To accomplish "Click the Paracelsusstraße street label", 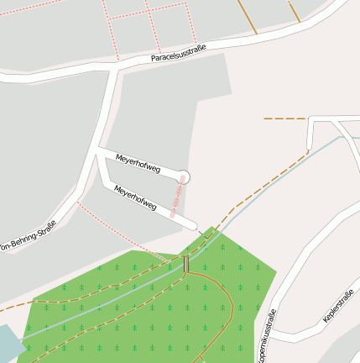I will pyautogui.click(x=178, y=56).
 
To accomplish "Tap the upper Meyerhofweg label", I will pyautogui.click(x=138, y=163).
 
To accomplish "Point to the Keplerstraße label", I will pyautogui.click(x=338, y=307).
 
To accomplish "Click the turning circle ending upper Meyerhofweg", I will pyautogui.click(x=185, y=176).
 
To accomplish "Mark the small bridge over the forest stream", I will pyautogui.click(x=186, y=264).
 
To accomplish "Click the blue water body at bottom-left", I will pyautogui.click(x=8, y=343).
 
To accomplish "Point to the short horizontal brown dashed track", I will pyautogui.click(x=285, y=118).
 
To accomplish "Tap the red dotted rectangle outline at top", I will pyautogui.click(x=130, y=29).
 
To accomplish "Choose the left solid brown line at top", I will pyautogui.click(x=247, y=17).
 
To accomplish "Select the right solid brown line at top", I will pyautogui.click(x=295, y=11).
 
